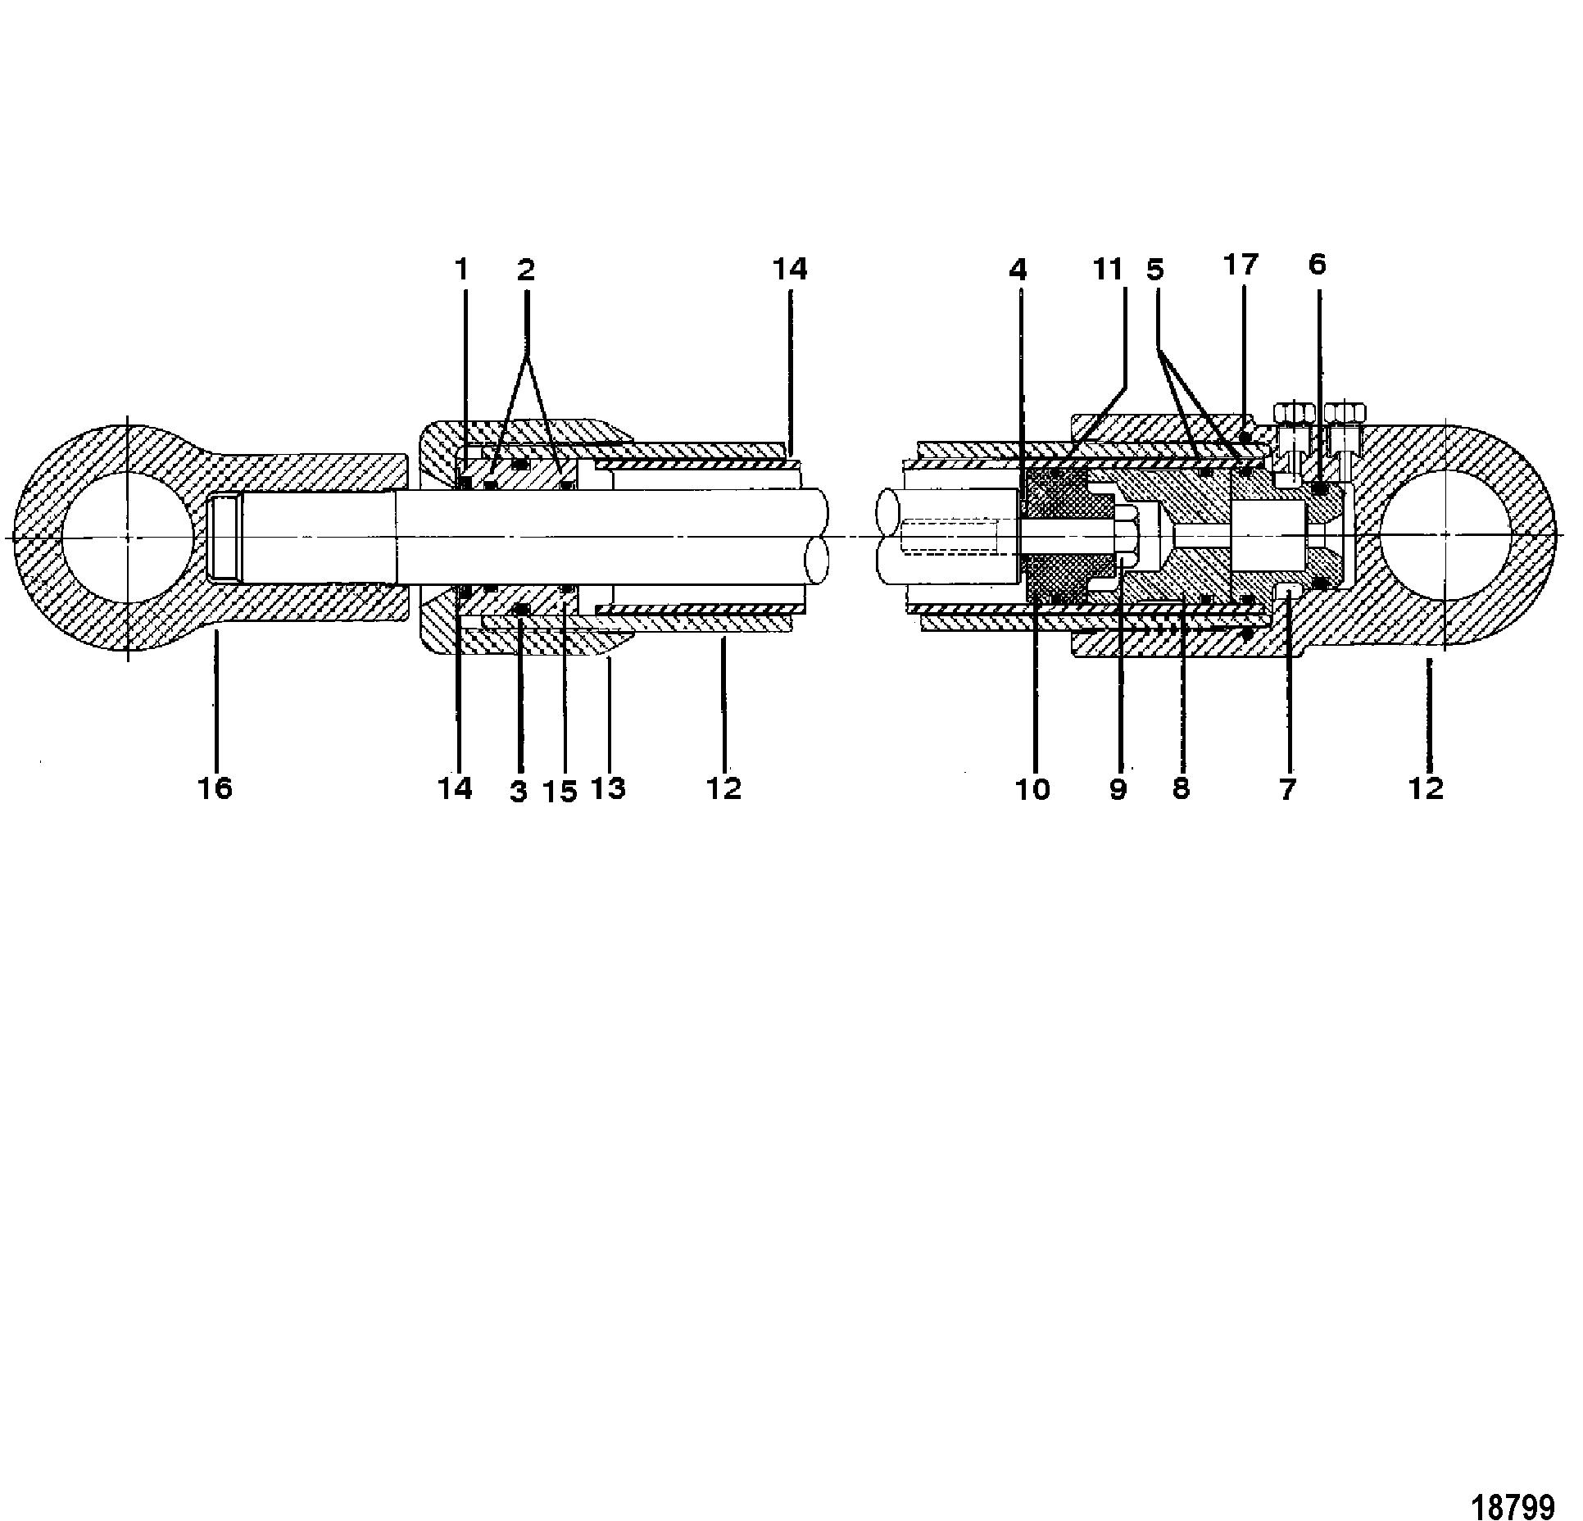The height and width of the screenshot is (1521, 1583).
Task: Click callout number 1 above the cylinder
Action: pos(461,269)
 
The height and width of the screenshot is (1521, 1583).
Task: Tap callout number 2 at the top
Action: pos(525,269)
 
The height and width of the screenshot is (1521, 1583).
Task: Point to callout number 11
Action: pos(1109,269)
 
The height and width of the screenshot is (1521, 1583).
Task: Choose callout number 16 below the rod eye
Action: pos(215,788)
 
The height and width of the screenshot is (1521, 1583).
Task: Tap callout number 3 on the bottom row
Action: pos(518,792)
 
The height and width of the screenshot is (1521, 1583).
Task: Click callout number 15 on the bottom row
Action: pos(560,792)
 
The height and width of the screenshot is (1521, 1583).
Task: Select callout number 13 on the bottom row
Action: pos(608,788)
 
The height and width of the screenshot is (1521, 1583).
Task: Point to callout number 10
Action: pos(1032,789)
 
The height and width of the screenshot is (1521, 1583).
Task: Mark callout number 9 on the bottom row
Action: pos(1118,789)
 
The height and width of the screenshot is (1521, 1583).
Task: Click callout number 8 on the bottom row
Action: pos(1180,789)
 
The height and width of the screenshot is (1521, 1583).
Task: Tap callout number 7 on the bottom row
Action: pos(1287,789)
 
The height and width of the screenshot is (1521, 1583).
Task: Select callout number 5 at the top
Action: pos(1155,269)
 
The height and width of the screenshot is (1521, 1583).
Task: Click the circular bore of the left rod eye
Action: pos(129,537)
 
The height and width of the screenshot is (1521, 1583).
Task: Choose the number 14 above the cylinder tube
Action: pos(789,269)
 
